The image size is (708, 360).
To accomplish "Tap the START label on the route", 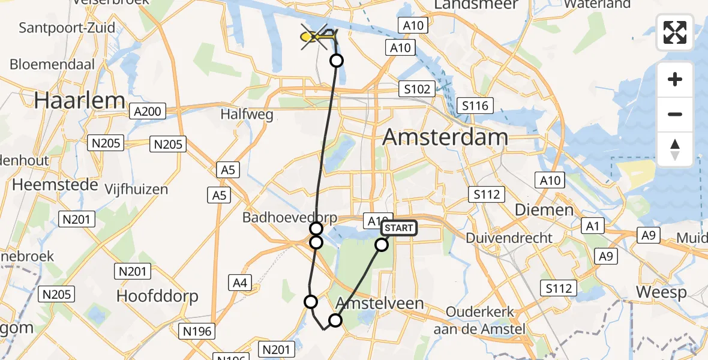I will (x=398, y=228).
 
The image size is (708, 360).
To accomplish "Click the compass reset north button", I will (x=675, y=149).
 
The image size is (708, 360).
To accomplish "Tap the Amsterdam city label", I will (x=445, y=137).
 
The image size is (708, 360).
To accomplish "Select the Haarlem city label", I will (x=80, y=100).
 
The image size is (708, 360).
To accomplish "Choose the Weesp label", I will (x=661, y=292).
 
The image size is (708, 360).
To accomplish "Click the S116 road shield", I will (x=475, y=107).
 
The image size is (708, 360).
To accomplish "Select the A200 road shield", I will (x=147, y=111).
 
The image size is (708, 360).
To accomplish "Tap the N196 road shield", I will (x=197, y=330).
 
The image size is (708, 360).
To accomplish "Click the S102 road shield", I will (x=417, y=89).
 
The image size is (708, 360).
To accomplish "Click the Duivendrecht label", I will (x=509, y=238).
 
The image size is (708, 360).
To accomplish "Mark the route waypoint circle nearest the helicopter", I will (x=337, y=61).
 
